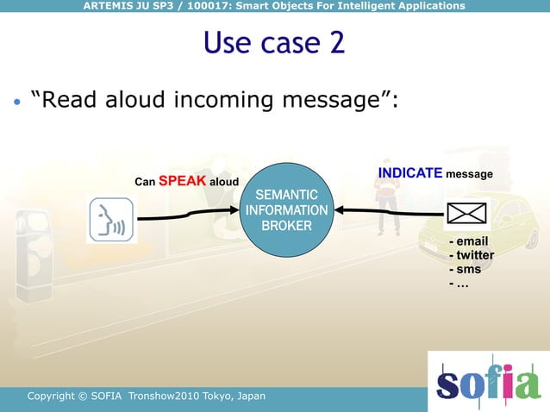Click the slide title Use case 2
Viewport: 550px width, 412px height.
(x=274, y=42)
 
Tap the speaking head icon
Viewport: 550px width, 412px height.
(x=112, y=220)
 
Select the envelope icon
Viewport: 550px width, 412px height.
(x=466, y=212)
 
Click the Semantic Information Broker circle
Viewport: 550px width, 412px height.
(x=286, y=210)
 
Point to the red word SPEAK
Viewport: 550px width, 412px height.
(x=181, y=182)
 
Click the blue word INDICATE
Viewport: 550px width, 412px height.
(x=410, y=173)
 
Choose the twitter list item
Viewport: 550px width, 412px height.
(x=472, y=255)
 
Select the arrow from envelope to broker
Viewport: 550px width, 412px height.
(x=388, y=210)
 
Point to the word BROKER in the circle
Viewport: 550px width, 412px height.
(x=286, y=226)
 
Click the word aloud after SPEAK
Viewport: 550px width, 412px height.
(x=224, y=183)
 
